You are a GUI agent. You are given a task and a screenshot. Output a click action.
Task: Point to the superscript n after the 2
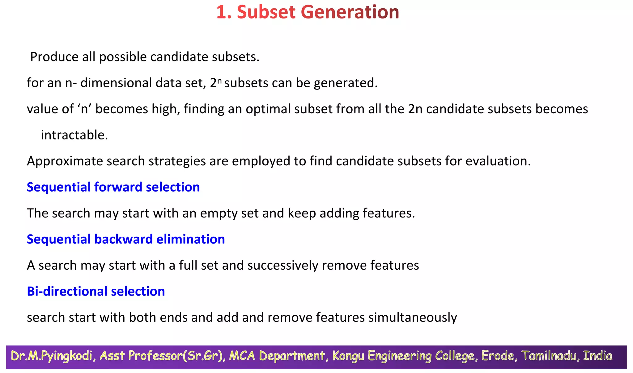coord(219,81)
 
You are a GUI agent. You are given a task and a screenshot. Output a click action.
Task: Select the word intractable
coord(74,135)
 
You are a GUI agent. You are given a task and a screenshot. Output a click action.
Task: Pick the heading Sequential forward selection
coord(113,187)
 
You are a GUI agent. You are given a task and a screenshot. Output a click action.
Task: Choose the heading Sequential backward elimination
coord(126,239)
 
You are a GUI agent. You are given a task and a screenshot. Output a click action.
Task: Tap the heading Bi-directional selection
coord(96,292)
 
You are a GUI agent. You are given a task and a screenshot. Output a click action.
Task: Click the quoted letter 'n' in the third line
coord(84,109)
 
